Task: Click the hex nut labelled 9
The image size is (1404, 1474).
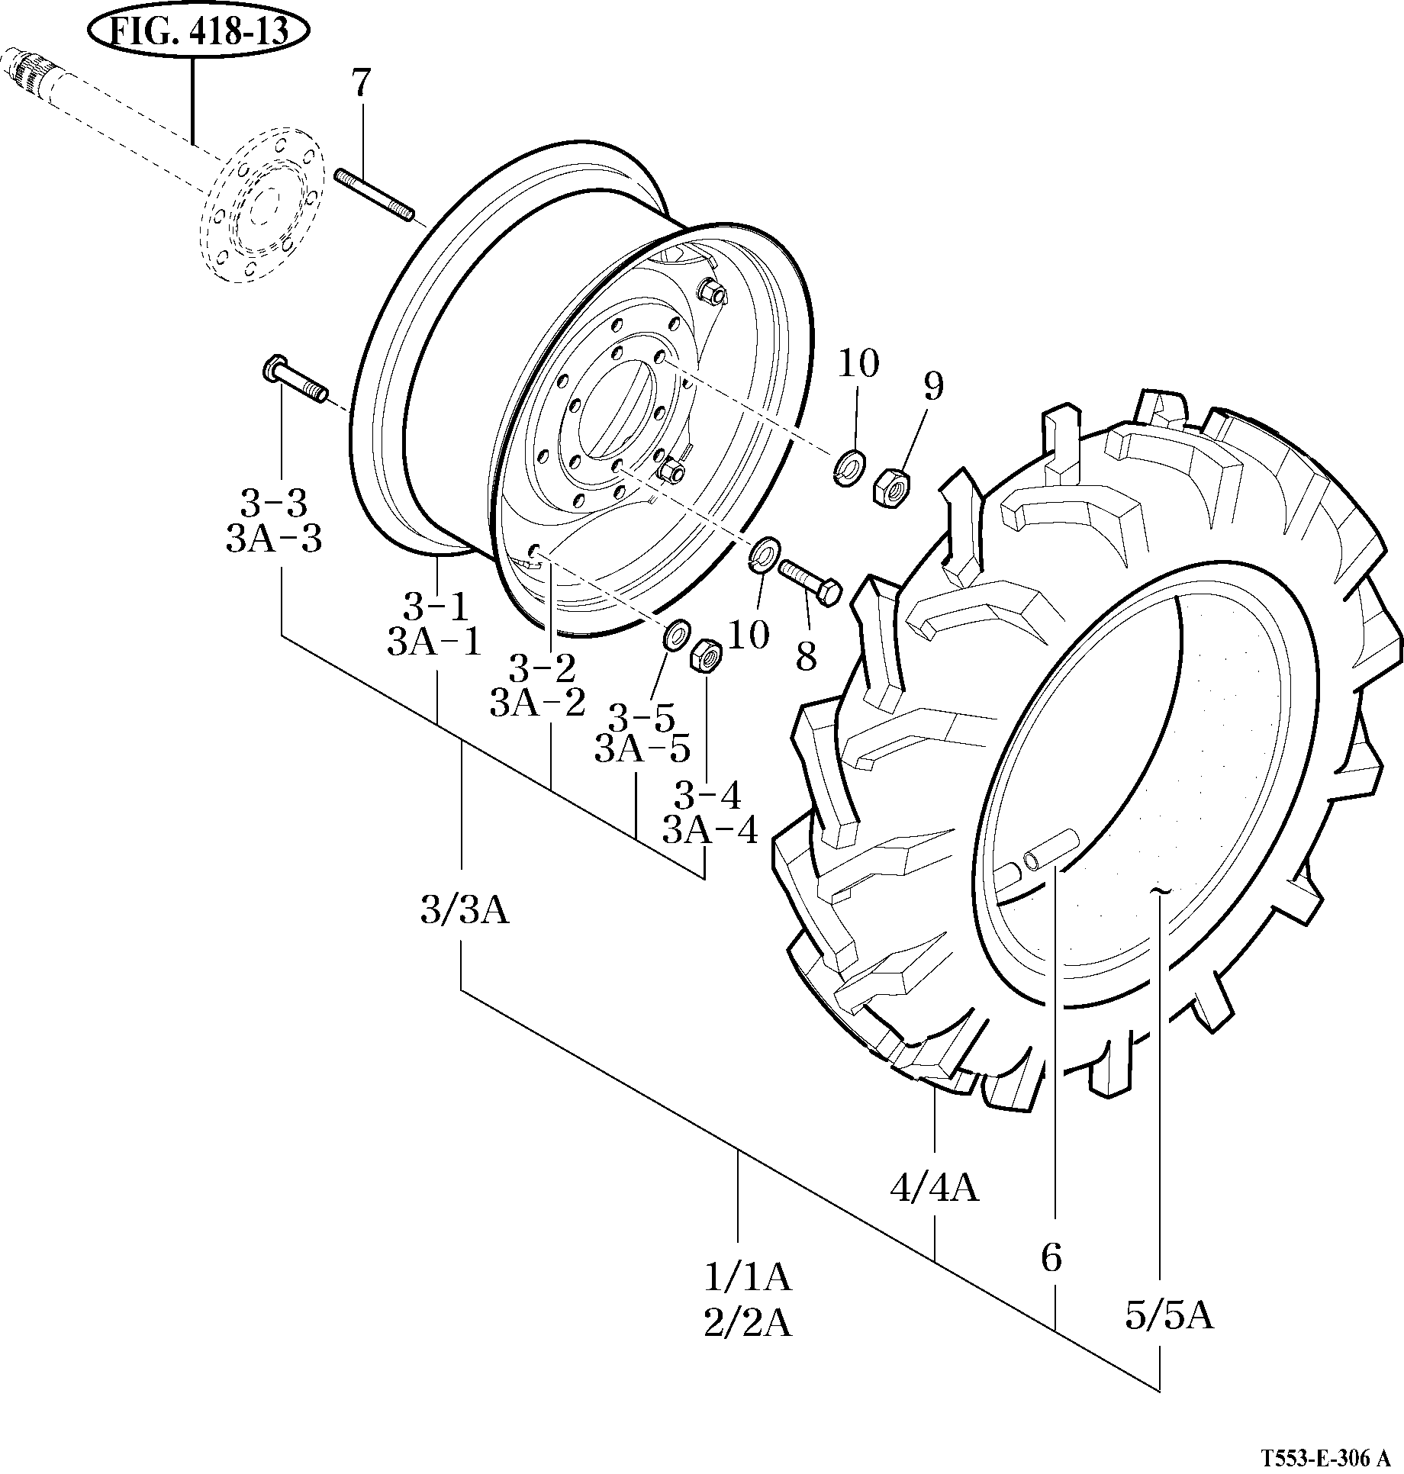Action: (890, 487)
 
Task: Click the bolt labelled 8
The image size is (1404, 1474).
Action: (810, 579)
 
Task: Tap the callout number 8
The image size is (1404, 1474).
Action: (806, 655)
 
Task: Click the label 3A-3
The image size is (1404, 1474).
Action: (274, 540)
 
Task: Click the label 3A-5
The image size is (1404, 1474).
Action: (642, 750)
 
